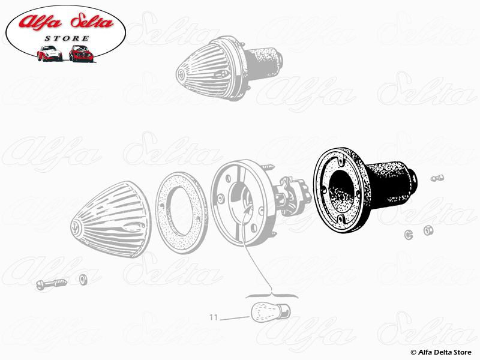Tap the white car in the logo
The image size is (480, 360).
pyautogui.click(x=50, y=53)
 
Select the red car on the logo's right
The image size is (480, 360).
pyautogui.click(x=80, y=53)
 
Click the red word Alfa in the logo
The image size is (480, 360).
pyautogui.click(x=41, y=23)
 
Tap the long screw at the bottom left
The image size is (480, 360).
pyautogui.click(x=50, y=284)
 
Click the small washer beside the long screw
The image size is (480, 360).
pyautogui.click(x=83, y=279)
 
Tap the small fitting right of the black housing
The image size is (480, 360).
pyautogui.click(x=437, y=178)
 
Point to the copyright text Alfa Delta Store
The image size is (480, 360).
pyautogui.click(x=442, y=352)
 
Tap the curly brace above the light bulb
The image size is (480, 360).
pyautogui.click(x=272, y=294)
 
